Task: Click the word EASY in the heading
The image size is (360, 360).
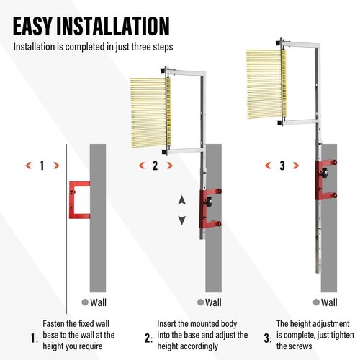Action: [x=32, y=26]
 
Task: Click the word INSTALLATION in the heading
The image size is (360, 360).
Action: [x=113, y=26]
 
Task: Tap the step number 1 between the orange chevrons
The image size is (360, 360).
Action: [x=42, y=166]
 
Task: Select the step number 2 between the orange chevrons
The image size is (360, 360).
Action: [x=156, y=166]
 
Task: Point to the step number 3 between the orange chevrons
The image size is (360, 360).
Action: [x=282, y=166]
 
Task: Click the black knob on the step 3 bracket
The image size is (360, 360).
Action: [x=325, y=173]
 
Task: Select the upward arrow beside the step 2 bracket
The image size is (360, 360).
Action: [x=182, y=200]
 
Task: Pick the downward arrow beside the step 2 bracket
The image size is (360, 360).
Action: [x=182, y=220]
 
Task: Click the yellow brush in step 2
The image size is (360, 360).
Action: [x=150, y=112]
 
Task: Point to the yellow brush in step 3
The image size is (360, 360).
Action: [x=266, y=84]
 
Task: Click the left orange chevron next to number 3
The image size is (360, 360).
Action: [x=268, y=166]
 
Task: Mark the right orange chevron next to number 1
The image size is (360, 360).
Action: [x=56, y=166]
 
